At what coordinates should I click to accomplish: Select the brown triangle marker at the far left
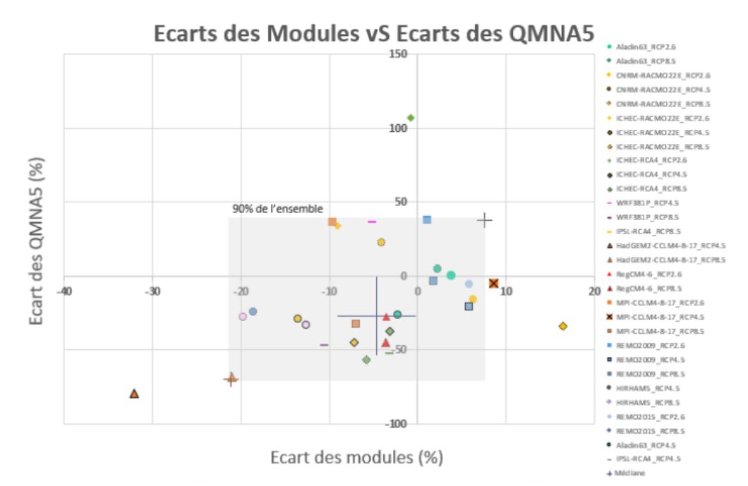coord(134,394)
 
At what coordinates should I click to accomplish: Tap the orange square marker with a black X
coord(493,284)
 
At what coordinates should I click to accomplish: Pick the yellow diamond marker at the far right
coord(562,326)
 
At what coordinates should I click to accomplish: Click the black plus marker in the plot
coord(484,220)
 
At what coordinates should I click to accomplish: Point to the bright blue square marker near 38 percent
coord(427,219)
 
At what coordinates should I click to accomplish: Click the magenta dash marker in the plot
coord(372,221)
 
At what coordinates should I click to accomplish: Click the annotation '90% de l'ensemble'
coord(277,209)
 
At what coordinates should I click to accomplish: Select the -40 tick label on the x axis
coord(64,291)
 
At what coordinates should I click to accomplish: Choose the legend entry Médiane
coord(633,473)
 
